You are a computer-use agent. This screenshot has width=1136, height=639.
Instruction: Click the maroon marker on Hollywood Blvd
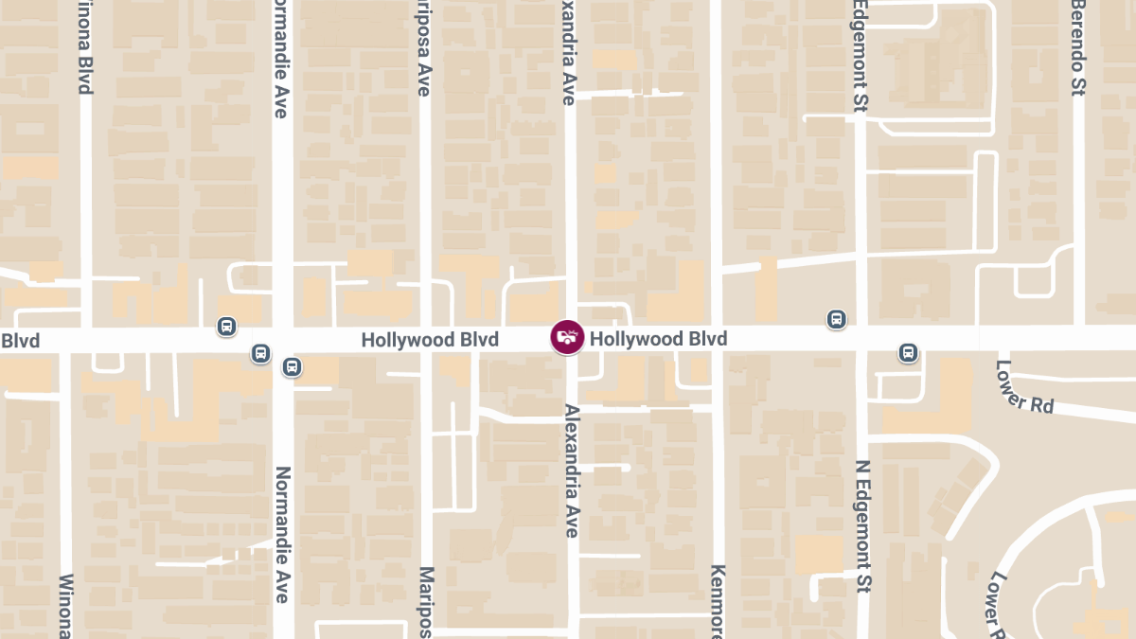click(x=567, y=338)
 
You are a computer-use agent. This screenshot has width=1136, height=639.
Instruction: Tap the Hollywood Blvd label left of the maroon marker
click(x=430, y=340)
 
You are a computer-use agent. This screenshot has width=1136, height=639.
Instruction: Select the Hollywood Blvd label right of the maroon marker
click(x=658, y=339)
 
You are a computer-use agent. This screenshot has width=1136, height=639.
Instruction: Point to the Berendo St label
click(x=1077, y=47)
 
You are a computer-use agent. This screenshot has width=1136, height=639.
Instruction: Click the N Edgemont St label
click(x=862, y=526)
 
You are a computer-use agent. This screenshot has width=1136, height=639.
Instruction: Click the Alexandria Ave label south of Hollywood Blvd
click(x=571, y=470)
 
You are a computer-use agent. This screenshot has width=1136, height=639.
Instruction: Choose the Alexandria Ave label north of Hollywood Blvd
click(x=569, y=52)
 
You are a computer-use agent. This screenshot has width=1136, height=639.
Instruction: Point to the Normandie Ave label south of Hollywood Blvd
click(x=281, y=534)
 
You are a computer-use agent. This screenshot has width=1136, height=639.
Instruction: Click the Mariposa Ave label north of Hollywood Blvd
click(x=424, y=47)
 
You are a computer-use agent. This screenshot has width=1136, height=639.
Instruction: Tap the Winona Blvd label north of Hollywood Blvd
click(x=85, y=47)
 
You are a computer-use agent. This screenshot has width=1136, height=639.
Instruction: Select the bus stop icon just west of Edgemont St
click(x=836, y=319)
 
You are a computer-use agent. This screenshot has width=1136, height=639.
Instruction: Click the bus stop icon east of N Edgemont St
click(x=908, y=353)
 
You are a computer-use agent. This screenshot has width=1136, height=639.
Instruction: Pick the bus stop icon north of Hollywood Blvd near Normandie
click(x=226, y=327)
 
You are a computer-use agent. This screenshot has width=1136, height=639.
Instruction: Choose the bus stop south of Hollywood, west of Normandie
click(x=260, y=353)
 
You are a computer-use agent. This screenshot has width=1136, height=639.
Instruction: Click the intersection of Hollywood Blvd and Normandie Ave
click(x=282, y=340)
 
